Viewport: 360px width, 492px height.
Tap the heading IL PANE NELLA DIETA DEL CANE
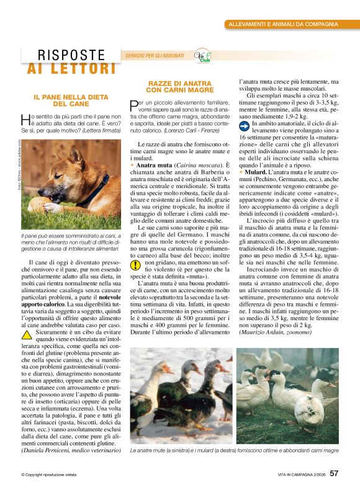71,101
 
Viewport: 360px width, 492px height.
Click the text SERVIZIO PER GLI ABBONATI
155,56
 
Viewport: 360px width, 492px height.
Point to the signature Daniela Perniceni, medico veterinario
71,448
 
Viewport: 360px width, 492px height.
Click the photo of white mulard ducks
288,395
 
